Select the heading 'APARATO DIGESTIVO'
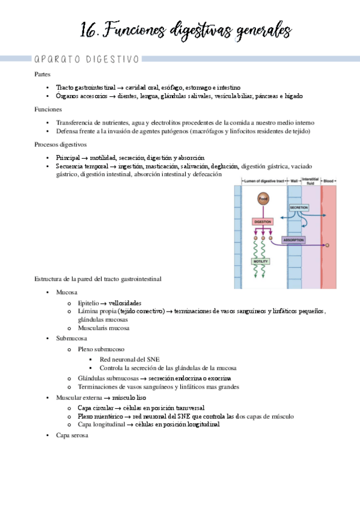[87, 59]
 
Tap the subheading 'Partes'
[43, 74]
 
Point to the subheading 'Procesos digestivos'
[61, 144]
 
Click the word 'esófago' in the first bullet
[185, 87]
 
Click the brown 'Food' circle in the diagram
[263, 198]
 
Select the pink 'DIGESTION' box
[263, 221]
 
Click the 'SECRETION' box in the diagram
[299, 207]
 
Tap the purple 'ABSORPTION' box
[293, 240]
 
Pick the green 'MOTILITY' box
[261, 262]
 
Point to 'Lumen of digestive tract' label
[264, 181]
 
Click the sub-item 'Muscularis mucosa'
[103, 328]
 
